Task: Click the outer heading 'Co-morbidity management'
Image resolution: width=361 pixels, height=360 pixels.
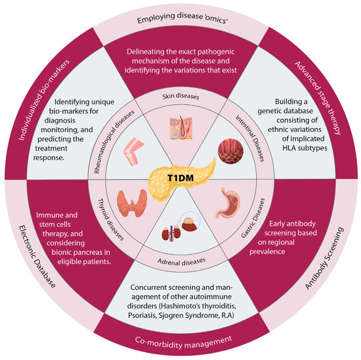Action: click(x=180, y=340)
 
